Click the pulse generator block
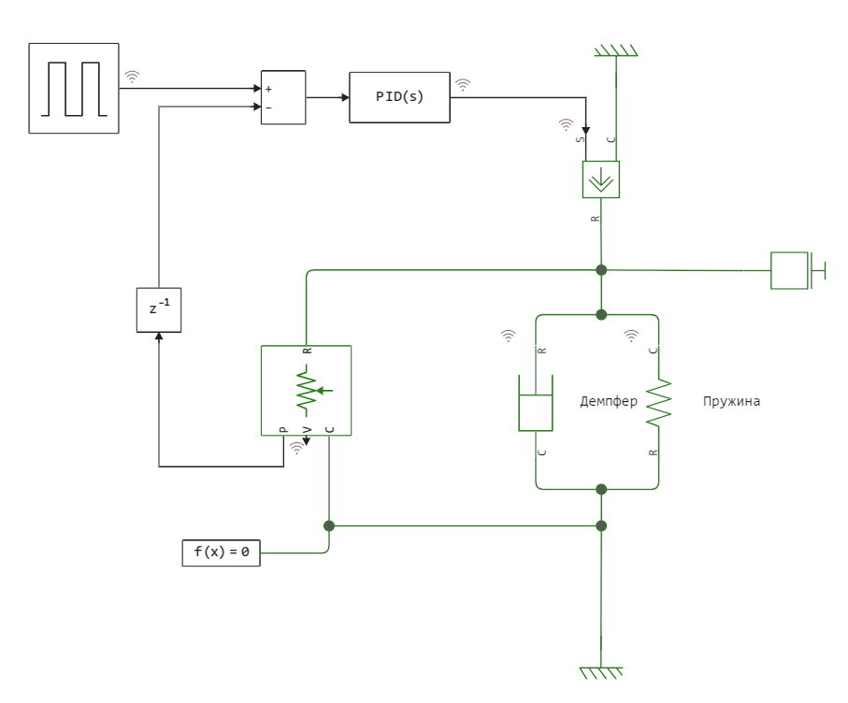[74, 88]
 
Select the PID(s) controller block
[399, 97]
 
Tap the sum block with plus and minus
[282, 97]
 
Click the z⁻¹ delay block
[159, 309]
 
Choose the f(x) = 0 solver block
[221, 552]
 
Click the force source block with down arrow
[600, 178]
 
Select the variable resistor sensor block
[306, 390]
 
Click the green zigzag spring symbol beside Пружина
[659, 402]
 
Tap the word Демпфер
[609, 402]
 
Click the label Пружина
[731, 402]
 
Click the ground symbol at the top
[615, 50]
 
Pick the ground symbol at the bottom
[600, 671]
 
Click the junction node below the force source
[601, 270]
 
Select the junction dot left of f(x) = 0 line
[329, 525]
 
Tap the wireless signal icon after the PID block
[463, 85]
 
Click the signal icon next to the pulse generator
[132, 77]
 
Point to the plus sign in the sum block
[268, 89]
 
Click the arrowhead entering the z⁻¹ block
[159, 337]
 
